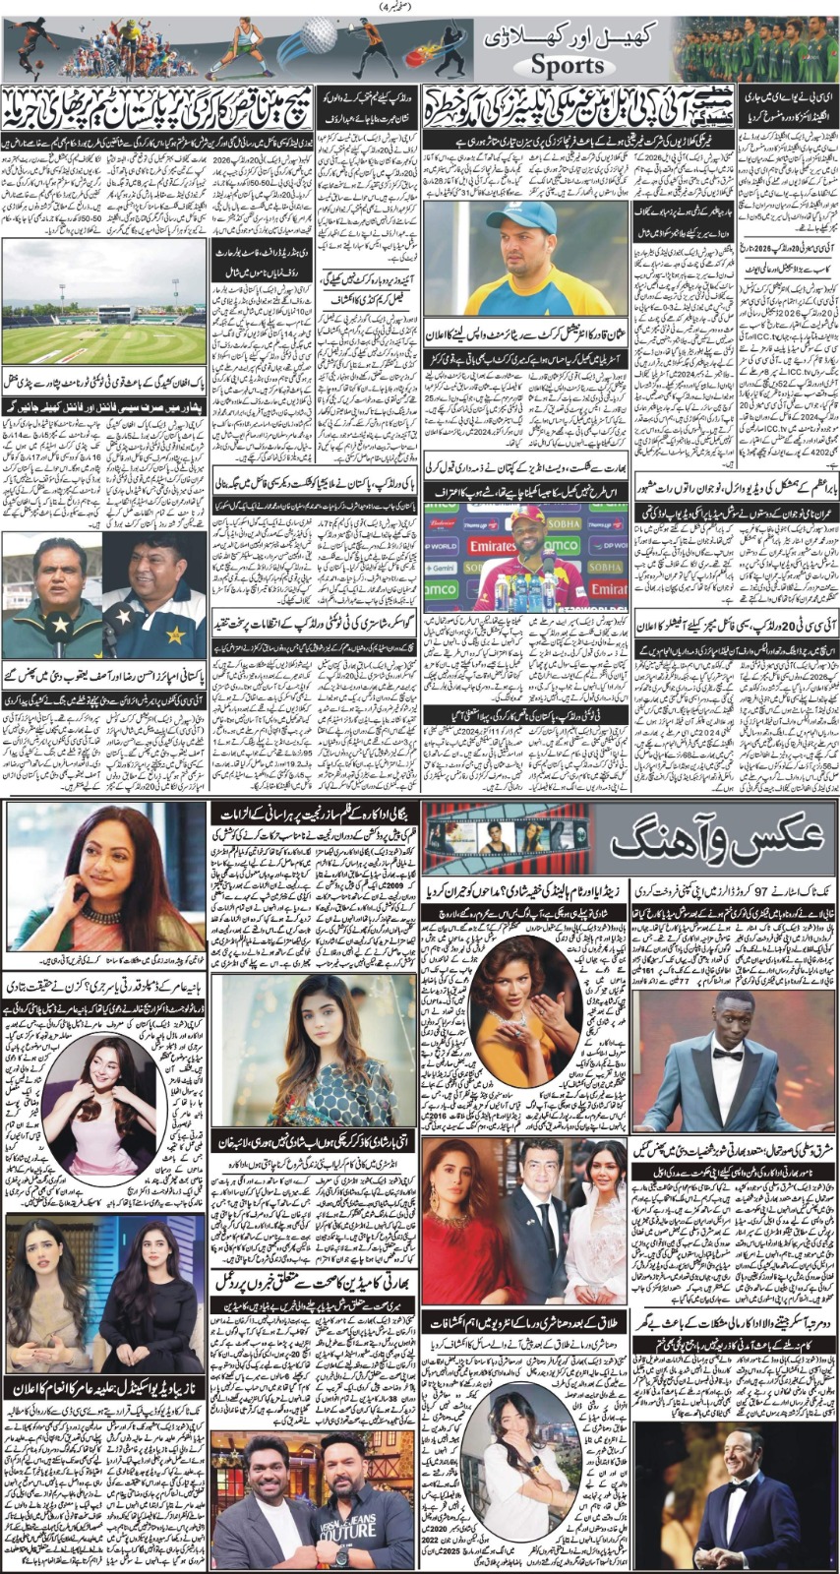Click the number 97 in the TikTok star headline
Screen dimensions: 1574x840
[x=716, y=887]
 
